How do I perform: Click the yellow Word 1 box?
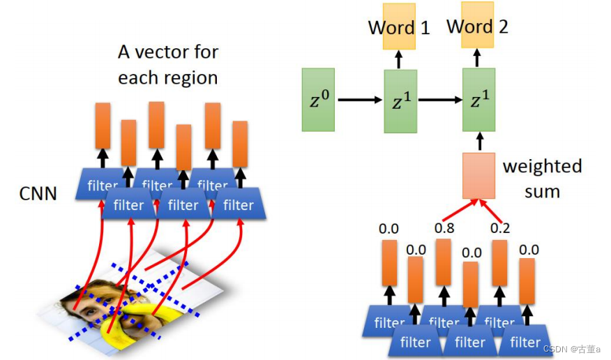[399, 27]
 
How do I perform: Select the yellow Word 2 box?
[478, 26]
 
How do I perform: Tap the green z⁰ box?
[319, 100]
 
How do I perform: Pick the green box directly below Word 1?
[400, 100]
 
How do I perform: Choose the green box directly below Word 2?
[478, 100]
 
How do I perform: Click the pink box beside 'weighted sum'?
[478, 175]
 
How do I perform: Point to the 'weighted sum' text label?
[542, 178]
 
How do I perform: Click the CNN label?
[38, 193]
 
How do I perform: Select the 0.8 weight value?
[444, 228]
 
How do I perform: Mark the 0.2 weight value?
[500, 228]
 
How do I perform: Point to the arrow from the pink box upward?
[478, 142]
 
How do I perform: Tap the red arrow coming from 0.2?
[490, 211]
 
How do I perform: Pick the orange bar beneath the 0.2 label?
[499, 262]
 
